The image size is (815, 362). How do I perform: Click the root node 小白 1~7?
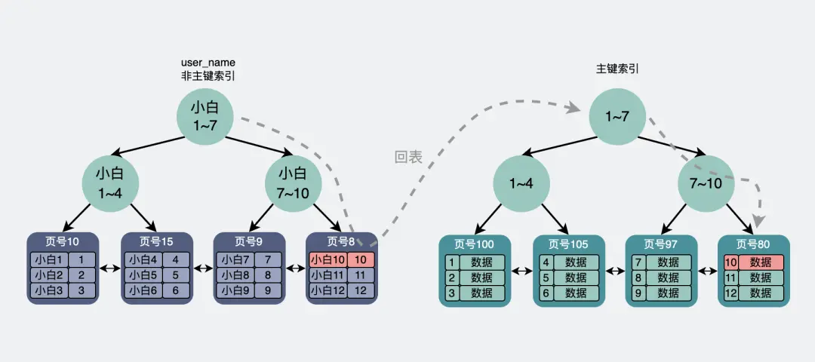205,115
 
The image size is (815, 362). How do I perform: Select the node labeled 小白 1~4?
111,183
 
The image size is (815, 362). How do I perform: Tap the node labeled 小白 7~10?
294,183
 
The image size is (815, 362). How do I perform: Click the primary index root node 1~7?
618,116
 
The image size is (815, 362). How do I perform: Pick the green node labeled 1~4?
522,183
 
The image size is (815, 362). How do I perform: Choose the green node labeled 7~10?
706,183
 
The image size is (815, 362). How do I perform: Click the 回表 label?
408,158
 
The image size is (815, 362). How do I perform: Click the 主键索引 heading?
617,69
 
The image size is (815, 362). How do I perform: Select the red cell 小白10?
328,259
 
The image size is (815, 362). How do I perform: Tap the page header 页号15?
157,241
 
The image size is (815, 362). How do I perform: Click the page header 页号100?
475,244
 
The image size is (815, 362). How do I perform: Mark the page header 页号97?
660,244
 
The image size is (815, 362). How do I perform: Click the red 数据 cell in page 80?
761,262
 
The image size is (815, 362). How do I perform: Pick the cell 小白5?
142,275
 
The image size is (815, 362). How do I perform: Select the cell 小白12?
328,290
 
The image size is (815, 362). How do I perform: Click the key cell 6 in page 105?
545,293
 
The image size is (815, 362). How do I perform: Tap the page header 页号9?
249,241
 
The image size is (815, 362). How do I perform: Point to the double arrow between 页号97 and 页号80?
707,271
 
